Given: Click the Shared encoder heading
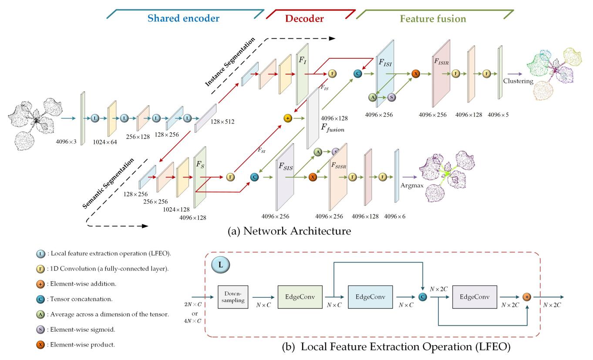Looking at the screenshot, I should [x=183, y=18].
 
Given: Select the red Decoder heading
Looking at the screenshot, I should [x=304, y=18].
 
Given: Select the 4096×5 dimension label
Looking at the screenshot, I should [x=498, y=115].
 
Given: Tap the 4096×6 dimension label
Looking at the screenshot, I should [x=395, y=216].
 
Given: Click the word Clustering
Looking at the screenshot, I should [x=518, y=81].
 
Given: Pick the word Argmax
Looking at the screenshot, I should [x=411, y=185].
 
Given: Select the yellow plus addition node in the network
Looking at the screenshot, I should [x=287, y=118].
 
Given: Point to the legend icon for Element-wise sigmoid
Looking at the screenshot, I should [x=40, y=330].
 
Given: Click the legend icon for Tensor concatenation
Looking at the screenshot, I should [x=40, y=299].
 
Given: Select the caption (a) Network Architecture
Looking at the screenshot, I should [x=289, y=231].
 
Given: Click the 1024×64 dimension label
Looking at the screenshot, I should [x=105, y=141].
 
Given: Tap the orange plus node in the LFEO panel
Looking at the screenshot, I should [x=527, y=297].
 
